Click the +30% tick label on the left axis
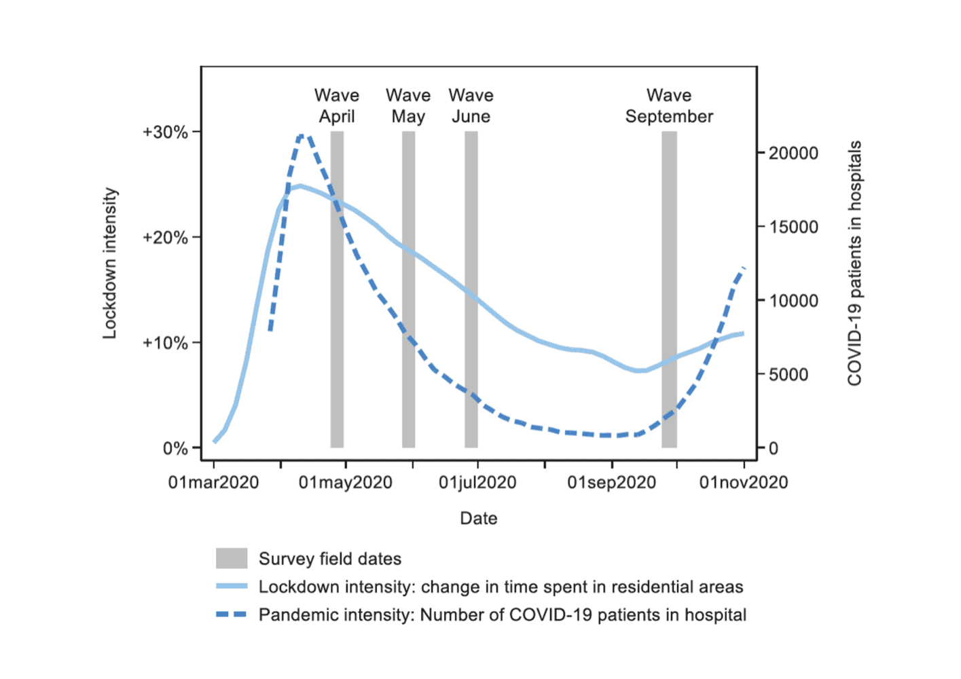pyautogui.click(x=165, y=132)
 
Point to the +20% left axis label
pyautogui.click(x=165, y=237)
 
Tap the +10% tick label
pyautogui.click(x=165, y=343)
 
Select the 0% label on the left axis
pyautogui.click(x=175, y=449)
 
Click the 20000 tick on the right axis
pyautogui.click(x=793, y=153)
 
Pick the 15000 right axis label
pyautogui.click(x=793, y=227)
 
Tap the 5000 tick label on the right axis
pyautogui.click(x=788, y=374)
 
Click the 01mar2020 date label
pyautogui.click(x=213, y=483)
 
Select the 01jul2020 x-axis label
pyautogui.click(x=477, y=483)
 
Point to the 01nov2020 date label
pyautogui.click(x=744, y=483)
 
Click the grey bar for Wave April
pyautogui.click(x=337, y=289)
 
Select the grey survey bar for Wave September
pyautogui.click(x=669, y=289)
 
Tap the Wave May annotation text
pyautogui.click(x=408, y=106)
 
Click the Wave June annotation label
pyautogui.click(x=471, y=106)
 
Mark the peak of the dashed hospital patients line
pyautogui.click(x=302, y=136)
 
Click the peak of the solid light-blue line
pyautogui.click(x=300, y=186)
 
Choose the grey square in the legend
pyautogui.click(x=232, y=558)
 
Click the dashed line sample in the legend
pyautogui.click(x=232, y=614)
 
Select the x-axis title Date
pyautogui.click(x=478, y=518)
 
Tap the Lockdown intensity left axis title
pyautogui.click(x=110, y=263)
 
